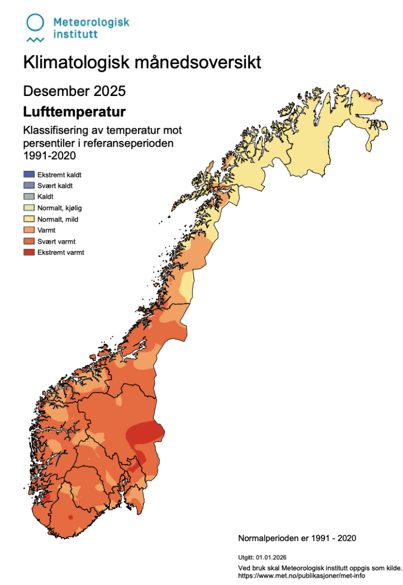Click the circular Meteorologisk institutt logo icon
point(35,23)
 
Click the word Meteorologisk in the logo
point(91,22)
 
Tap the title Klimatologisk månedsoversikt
point(142,63)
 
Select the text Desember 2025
point(75,91)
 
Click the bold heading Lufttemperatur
point(74,112)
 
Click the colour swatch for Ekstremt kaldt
point(29,175)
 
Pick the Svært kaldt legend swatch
point(29,186)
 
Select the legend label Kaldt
point(46,197)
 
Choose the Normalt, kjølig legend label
point(59,208)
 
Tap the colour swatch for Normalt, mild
point(29,219)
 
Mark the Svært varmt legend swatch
point(29,241)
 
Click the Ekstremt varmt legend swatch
point(29,252)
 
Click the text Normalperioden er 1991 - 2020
point(297,538)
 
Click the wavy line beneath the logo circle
point(35,40)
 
